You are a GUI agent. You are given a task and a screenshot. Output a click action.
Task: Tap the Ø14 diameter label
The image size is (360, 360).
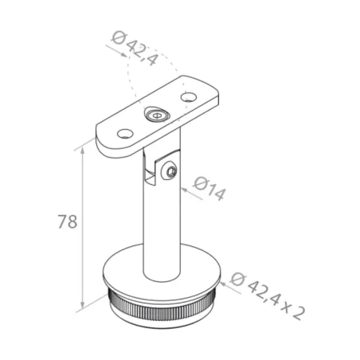[x=209, y=191]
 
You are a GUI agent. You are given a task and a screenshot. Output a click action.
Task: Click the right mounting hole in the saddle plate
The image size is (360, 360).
[x=189, y=97]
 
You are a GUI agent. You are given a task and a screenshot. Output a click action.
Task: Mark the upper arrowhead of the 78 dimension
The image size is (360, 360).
[x=84, y=149]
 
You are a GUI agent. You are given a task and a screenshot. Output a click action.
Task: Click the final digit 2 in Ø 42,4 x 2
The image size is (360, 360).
[x=299, y=311]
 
